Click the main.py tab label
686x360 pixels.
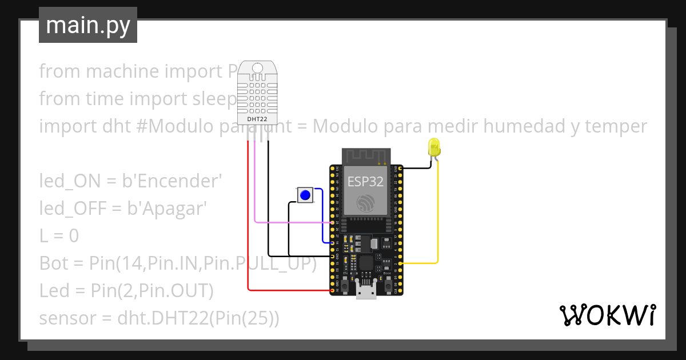pos(87,25)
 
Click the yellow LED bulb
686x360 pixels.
pos(434,147)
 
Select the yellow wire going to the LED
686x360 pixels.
pos(438,217)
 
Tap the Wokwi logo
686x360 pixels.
pos(607,315)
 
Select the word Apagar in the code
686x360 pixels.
pos(173,208)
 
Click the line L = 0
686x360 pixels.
pos(59,235)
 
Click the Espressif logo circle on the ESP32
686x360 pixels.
pos(366,204)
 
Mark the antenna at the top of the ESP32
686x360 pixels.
pos(366,155)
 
